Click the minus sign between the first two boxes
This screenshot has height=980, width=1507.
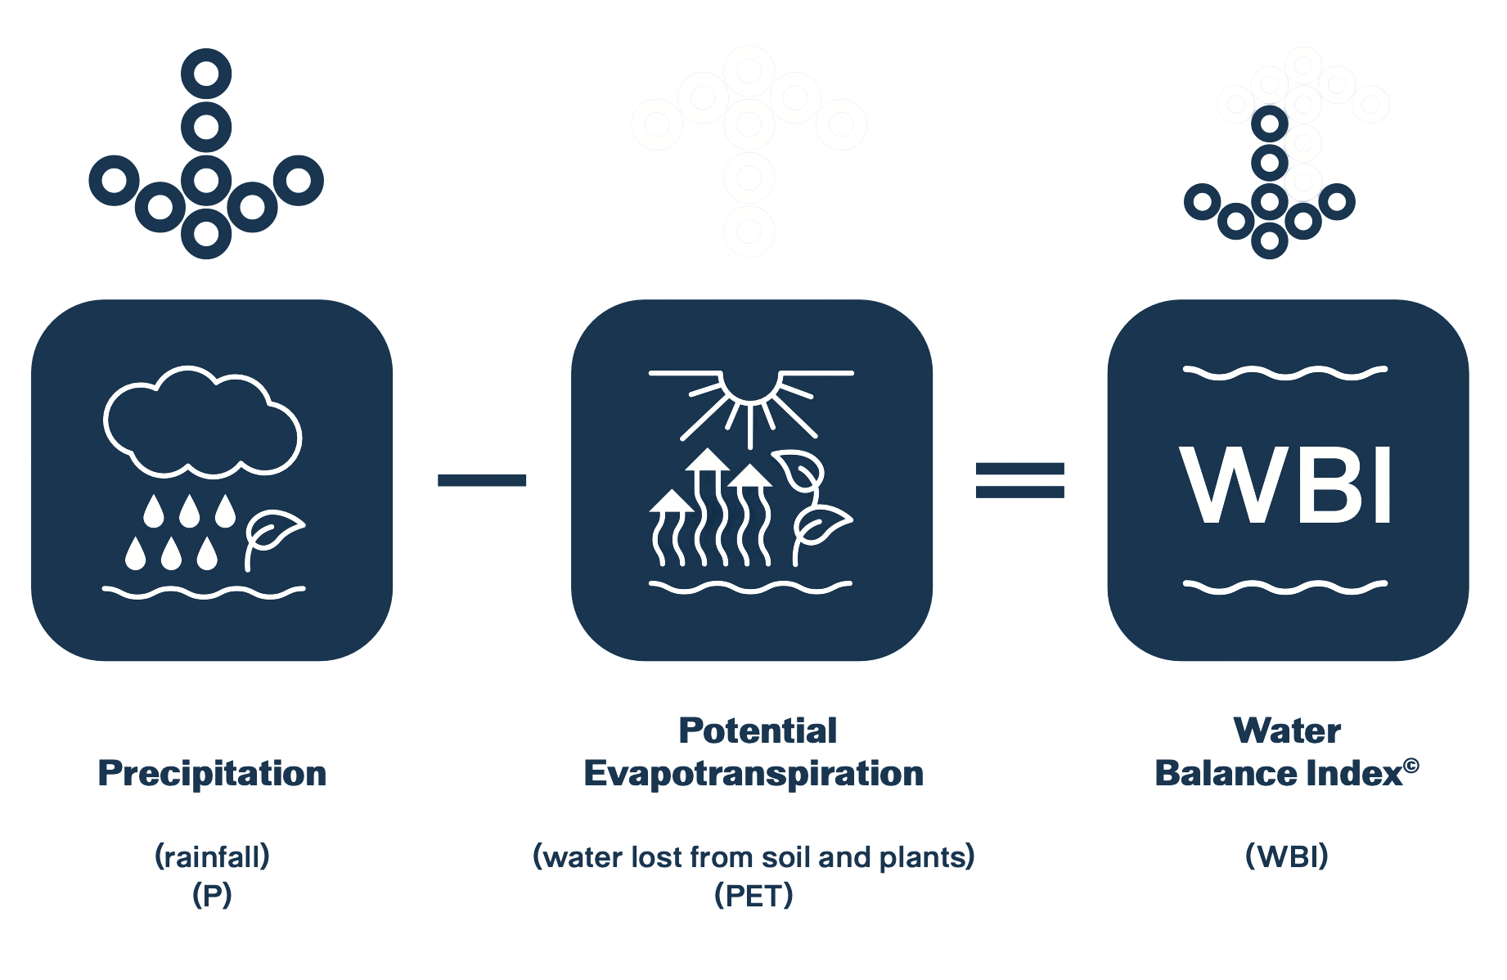pos(482,480)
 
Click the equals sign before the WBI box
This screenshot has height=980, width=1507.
pos(1020,480)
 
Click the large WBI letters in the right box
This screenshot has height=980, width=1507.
pos(1286,485)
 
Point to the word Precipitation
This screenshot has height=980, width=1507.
pos(212,773)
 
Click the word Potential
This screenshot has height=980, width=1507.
pos(758,731)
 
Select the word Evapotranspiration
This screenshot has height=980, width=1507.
pos(753,773)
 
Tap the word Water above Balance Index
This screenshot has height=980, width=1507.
pos(1286,731)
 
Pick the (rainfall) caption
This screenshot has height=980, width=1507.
pos(212,856)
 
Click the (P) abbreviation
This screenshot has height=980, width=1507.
pos(212,896)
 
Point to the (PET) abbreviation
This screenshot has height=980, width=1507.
pos(753,896)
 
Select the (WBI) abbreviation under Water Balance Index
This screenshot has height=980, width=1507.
pos(1286,856)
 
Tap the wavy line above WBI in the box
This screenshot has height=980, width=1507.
pos(1285,373)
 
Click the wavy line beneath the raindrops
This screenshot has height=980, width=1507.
pos(204,591)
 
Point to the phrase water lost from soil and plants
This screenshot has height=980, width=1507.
pos(753,856)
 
